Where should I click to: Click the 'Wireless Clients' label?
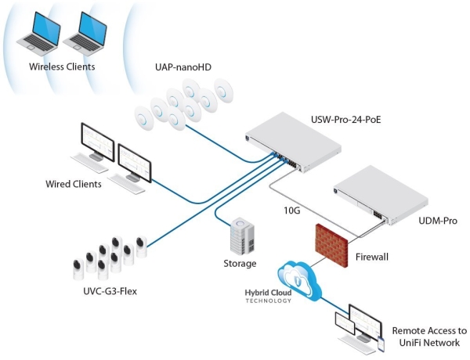[x=62, y=67]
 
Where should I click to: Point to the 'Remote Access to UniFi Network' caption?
[x=428, y=337]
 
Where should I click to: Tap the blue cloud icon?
[x=302, y=279]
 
